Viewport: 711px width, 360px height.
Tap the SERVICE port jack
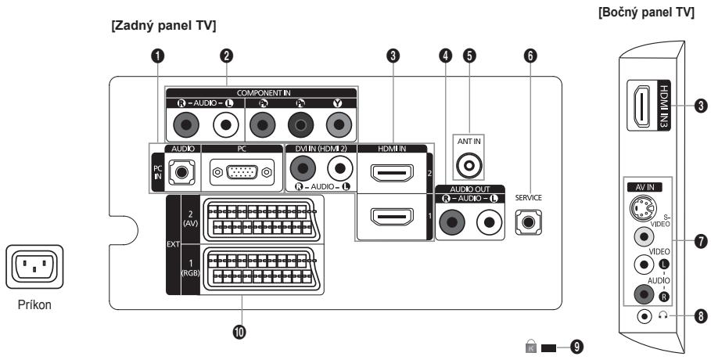point(528,222)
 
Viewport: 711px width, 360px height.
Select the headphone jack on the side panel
point(644,317)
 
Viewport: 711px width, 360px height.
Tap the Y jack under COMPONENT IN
point(338,124)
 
